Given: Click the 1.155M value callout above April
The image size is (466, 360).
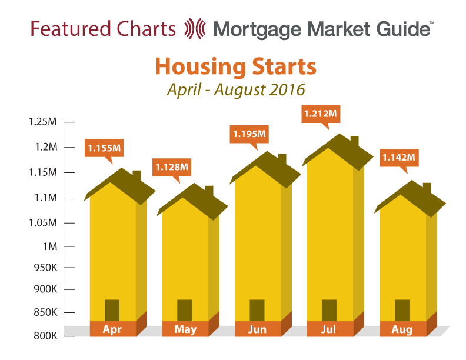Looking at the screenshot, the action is pyautogui.click(x=104, y=148).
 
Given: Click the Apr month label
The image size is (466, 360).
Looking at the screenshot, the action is pyautogui.click(x=112, y=329).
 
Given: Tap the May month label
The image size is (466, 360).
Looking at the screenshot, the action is pyautogui.click(x=185, y=329).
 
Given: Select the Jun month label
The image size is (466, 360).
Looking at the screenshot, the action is pyautogui.click(x=257, y=329).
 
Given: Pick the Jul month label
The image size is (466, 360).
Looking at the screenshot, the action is pyautogui.click(x=329, y=329).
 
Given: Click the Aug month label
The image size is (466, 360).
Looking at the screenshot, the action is pyautogui.click(x=402, y=329).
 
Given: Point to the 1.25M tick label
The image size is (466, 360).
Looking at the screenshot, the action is pyautogui.click(x=42, y=122).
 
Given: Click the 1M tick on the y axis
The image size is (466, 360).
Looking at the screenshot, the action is pyautogui.click(x=69, y=246).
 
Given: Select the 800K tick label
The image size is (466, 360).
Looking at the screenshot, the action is pyautogui.click(x=45, y=336).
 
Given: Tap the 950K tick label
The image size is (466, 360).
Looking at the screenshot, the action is pyautogui.click(x=45, y=268).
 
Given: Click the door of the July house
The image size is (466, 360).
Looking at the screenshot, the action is pyautogui.click(x=329, y=311).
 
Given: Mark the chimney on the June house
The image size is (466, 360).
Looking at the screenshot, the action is pyautogui.click(x=282, y=159).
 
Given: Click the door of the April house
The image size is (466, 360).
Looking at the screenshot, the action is pyautogui.click(x=112, y=311).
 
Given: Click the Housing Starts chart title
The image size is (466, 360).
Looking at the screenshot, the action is pyautogui.click(x=236, y=66).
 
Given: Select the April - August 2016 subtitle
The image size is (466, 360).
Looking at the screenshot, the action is pyautogui.click(x=236, y=89).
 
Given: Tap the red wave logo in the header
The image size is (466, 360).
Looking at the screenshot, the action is pyautogui.click(x=195, y=29).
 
